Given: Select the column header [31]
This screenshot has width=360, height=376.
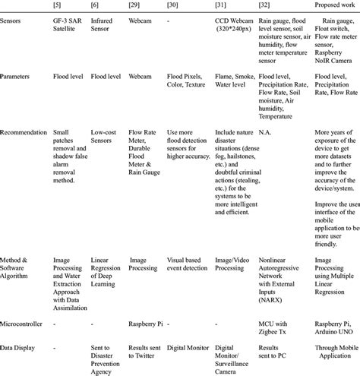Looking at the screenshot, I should click(x=221, y=7).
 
